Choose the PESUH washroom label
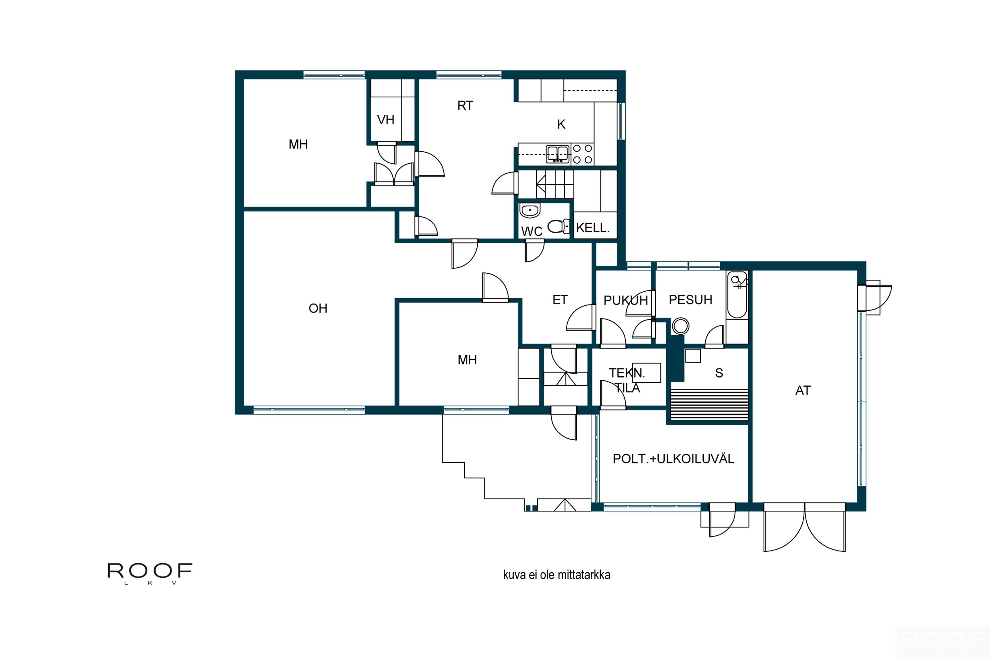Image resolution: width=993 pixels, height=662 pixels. coord(692,301)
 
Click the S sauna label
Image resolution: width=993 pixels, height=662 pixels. coord(721,374)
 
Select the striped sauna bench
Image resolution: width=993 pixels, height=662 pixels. coord(711,406)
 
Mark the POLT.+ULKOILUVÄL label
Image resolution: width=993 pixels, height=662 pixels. coord(675,460)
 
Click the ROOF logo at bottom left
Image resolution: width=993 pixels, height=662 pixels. coord(150,575)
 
